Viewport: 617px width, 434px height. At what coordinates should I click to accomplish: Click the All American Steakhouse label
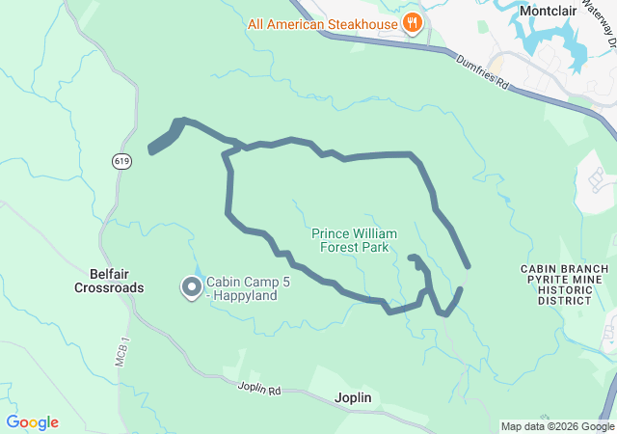[322, 23]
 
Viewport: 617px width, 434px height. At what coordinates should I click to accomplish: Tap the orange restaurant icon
[413, 23]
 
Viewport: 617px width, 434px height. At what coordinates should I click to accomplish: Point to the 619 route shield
[121, 161]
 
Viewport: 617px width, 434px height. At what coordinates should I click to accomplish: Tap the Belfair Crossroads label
[110, 281]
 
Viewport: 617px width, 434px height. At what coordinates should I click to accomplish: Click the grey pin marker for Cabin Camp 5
[191, 286]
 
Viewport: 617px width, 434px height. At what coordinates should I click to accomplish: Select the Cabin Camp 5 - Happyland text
[242, 288]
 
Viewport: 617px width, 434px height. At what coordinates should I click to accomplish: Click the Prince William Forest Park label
[354, 240]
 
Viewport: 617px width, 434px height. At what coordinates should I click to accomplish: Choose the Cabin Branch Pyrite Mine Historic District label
[564, 285]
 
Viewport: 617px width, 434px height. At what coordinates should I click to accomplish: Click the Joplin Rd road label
[258, 390]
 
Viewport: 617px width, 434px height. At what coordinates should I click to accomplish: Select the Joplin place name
[352, 397]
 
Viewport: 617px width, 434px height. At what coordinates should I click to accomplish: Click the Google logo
[32, 422]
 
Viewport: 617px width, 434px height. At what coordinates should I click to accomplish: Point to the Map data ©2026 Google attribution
[556, 426]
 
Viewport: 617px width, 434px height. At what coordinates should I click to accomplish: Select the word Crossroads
[110, 287]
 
